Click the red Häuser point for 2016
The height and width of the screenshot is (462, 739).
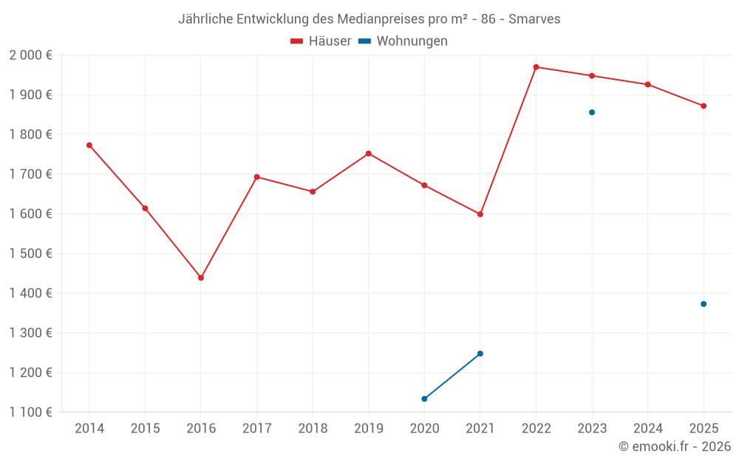(x=201, y=278)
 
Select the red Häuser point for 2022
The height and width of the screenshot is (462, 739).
(x=537, y=67)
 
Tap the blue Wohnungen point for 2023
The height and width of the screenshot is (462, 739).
(x=592, y=112)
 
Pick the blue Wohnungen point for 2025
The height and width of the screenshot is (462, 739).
(x=704, y=304)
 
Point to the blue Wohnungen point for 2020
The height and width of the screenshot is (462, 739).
(x=424, y=399)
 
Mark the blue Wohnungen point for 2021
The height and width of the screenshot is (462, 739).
(x=480, y=353)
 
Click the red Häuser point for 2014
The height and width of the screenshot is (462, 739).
(x=89, y=145)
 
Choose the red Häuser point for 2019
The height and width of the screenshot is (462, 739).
(x=369, y=154)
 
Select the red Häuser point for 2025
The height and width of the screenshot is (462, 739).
(x=704, y=106)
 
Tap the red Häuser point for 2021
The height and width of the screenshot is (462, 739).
(x=480, y=214)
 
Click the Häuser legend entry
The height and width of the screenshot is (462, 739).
(x=321, y=41)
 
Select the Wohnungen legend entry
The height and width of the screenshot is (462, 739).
(x=403, y=41)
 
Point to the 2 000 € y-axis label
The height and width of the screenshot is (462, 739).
(x=30, y=55)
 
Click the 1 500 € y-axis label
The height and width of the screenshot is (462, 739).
(x=30, y=254)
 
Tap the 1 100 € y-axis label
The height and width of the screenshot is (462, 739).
(x=30, y=412)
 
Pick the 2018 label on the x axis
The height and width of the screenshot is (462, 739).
(x=313, y=429)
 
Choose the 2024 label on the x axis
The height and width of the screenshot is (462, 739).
(x=648, y=429)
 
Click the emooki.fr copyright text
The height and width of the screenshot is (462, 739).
(x=675, y=446)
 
